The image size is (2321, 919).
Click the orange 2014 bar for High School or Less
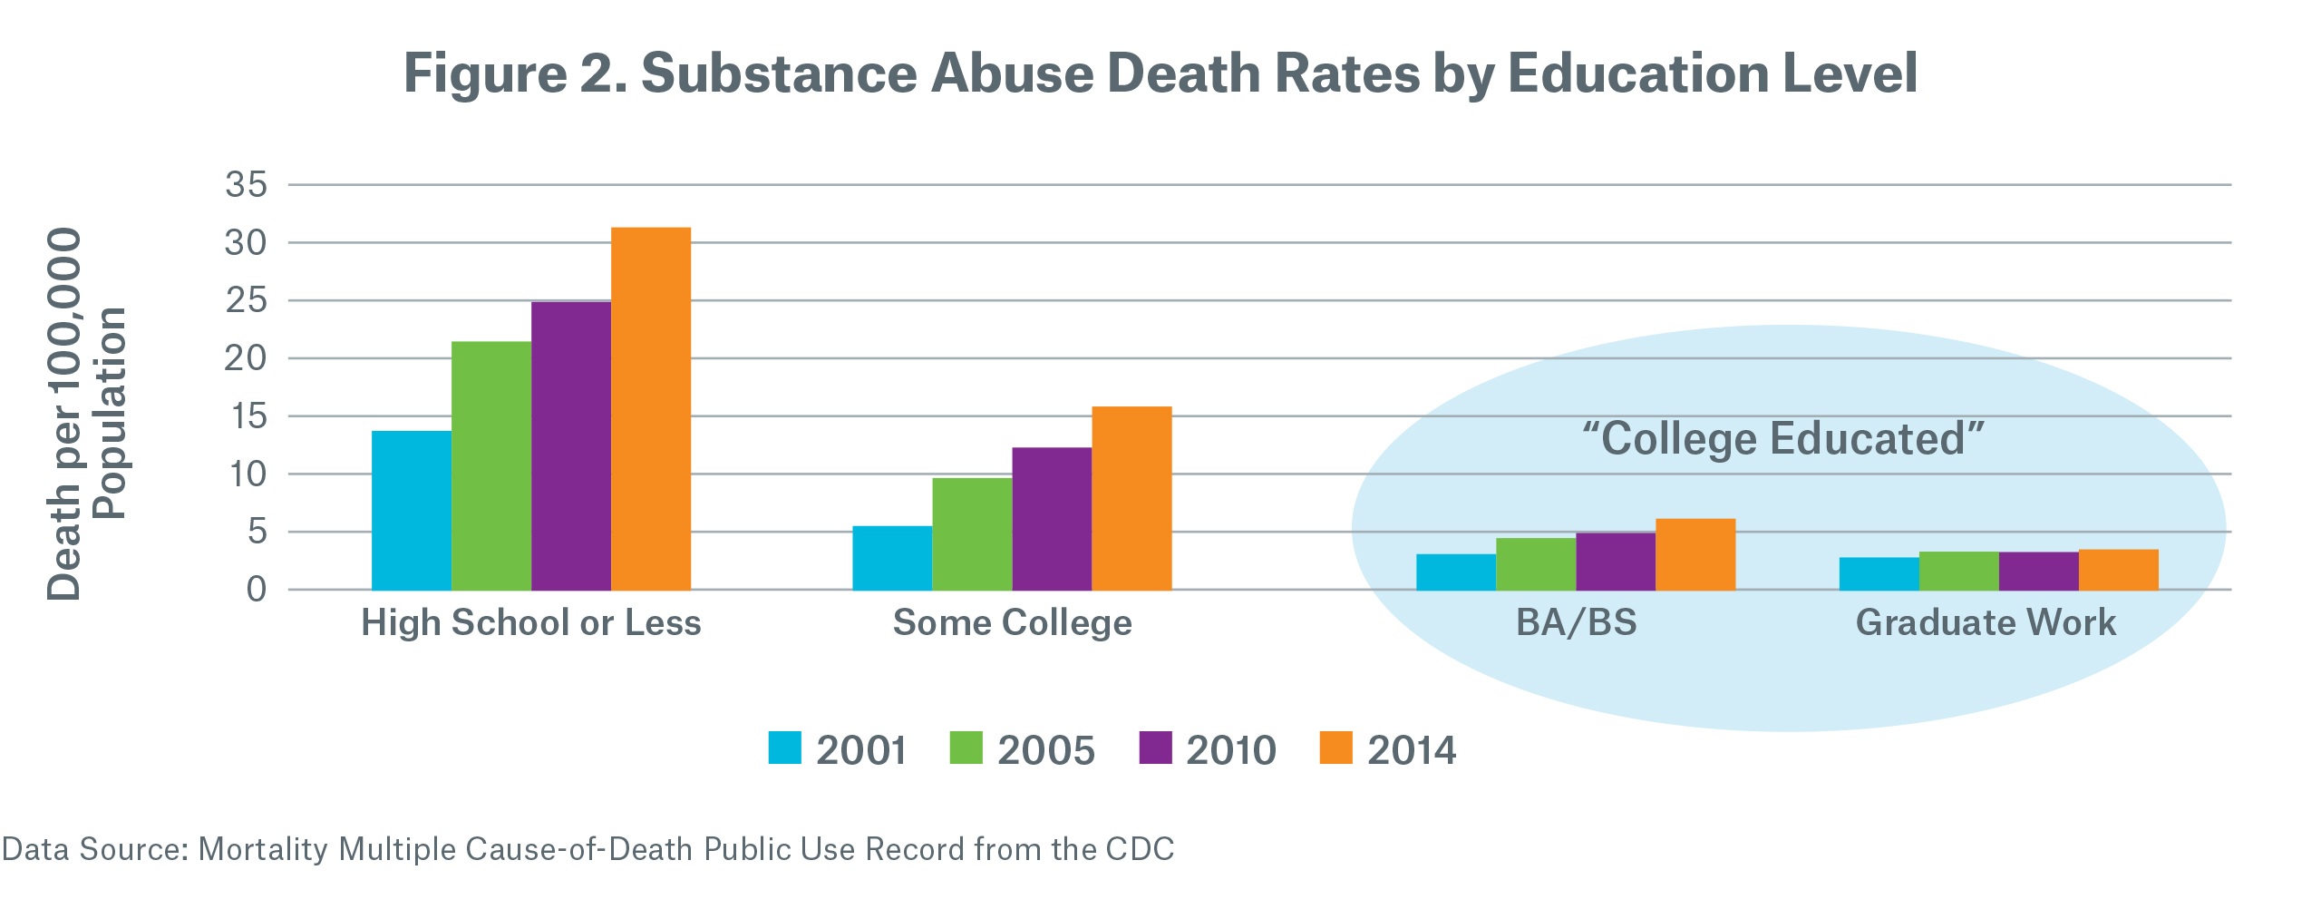click(x=651, y=408)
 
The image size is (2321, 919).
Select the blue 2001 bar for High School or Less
click(x=412, y=510)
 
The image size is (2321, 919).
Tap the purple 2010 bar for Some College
click(x=1052, y=519)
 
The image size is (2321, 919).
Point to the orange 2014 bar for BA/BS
click(x=1695, y=554)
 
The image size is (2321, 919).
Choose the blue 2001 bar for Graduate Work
click(x=1879, y=573)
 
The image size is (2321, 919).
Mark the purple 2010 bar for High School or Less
click(x=571, y=445)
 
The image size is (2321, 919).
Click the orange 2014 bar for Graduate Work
click(x=2119, y=570)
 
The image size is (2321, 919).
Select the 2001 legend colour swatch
click(x=784, y=748)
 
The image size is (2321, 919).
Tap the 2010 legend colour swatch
click(x=1155, y=748)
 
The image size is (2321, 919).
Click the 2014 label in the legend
click(x=1412, y=750)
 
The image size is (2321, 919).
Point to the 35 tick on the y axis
click(x=247, y=185)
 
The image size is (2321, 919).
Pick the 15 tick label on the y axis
click(x=248, y=416)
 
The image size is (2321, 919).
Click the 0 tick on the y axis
click(x=257, y=590)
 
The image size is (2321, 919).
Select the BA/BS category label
click(x=1577, y=622)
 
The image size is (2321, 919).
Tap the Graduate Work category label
click(x=1986, y=622)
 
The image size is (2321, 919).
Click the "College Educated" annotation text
click(x=1783, y=439)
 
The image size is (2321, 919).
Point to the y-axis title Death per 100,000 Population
click(x=86, y=413)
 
